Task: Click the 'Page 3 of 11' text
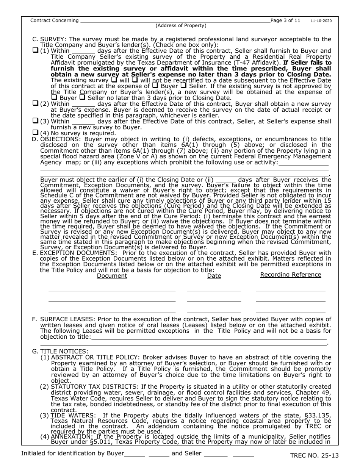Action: [x=285, y=20]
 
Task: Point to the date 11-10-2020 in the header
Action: [x=321, y=21]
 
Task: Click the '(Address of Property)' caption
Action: [x=181, y=26]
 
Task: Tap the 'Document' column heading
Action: [x=112, y=276]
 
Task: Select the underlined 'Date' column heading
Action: [x=214, y=276]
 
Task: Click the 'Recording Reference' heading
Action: [x=291, y=275]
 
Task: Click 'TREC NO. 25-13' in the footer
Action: [x=314, y=456]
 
